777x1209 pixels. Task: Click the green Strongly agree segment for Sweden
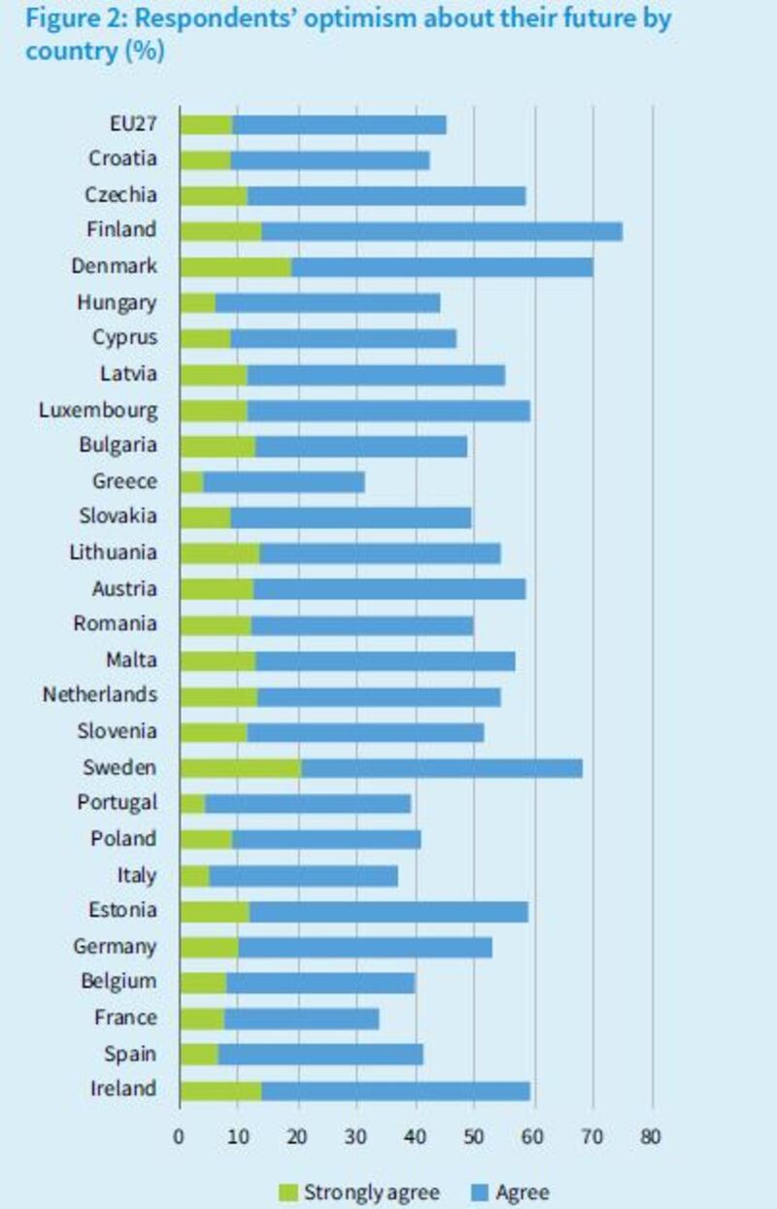240,768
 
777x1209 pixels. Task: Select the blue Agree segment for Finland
441,231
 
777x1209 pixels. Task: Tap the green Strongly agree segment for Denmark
235,267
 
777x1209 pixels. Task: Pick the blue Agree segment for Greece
284,482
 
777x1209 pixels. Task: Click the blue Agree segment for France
301,1019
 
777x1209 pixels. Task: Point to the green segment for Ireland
220,1091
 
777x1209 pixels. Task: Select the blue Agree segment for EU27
339,124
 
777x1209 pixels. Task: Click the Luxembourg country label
97,410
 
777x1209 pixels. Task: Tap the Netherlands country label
99,696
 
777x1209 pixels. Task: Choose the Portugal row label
117,803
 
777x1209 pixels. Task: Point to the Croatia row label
122,159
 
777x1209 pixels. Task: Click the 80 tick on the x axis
651,1135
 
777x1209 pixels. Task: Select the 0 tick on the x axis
180,1135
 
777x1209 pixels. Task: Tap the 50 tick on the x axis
474,1135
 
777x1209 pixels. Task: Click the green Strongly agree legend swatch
289,1192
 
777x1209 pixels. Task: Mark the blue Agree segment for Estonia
388,912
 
